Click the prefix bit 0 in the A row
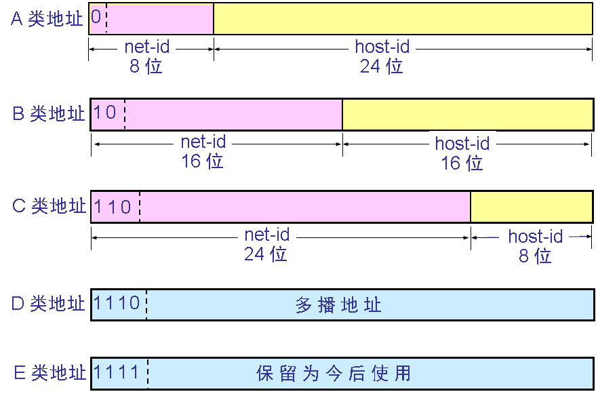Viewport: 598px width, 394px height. coord(96,17)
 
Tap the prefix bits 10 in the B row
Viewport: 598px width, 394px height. coord(105,112)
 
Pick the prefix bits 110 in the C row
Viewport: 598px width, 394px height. coord(113,205)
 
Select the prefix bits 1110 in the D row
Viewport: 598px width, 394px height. coord(117,302)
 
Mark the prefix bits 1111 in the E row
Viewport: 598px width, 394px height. coord(117,372)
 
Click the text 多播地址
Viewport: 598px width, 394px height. coord(338,304)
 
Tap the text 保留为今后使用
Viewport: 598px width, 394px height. coord(334,373)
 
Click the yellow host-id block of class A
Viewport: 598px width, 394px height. coord(403,19)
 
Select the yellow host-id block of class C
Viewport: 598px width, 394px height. coord(532,206)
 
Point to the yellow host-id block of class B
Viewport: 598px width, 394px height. coord(468,114)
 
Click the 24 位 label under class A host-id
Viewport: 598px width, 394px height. coord(382,66)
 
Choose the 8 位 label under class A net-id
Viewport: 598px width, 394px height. coord(146,66)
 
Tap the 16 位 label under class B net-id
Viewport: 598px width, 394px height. coord(202,161)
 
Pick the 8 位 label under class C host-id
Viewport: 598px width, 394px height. coord(535,256)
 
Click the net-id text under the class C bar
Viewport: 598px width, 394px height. coord(267,235)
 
